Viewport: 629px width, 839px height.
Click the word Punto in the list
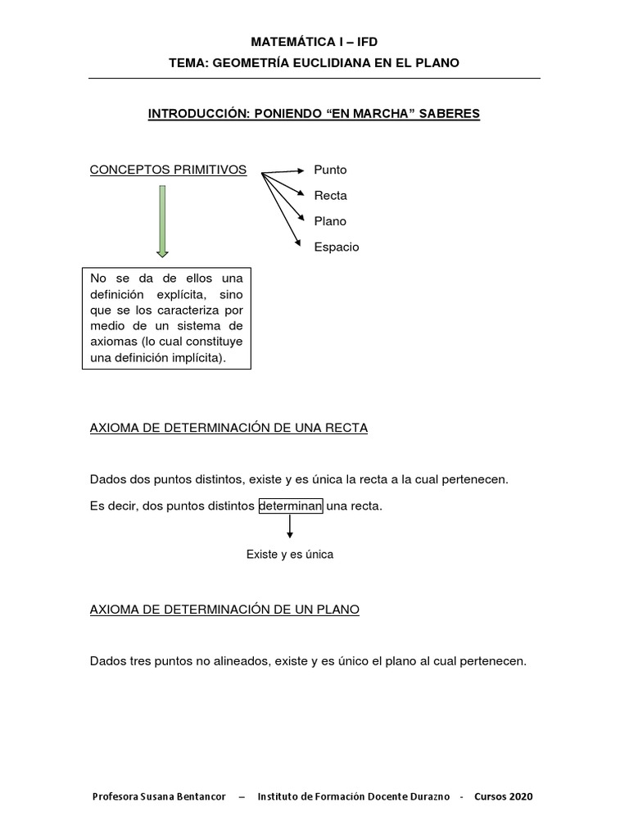point(330,170)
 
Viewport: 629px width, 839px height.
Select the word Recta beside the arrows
point(330,196)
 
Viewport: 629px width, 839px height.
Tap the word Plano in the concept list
point(330,221)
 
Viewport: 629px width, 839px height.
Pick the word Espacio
point(336,247)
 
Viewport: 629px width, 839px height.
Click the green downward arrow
point(163,221)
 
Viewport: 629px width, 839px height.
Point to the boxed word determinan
point(291,506)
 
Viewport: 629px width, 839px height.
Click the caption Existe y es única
point(290,555)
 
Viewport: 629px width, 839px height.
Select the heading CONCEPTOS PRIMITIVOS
point(168,170)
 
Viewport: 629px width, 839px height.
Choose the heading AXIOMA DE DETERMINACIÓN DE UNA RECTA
point(229,429)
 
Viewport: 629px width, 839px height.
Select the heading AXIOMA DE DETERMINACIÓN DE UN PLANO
point(224,610)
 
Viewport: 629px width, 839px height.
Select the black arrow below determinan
point(290,527)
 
